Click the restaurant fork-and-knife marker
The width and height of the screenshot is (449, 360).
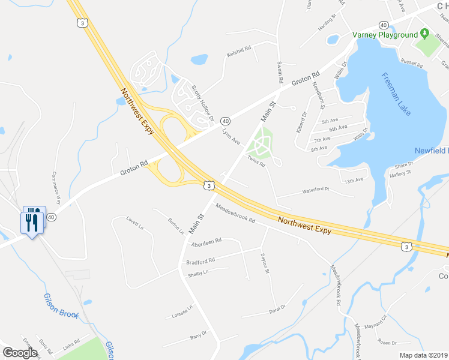pos(31,221)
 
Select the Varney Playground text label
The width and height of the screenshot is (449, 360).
pos(385,35)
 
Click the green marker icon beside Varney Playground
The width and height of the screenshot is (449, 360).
pos(424,34)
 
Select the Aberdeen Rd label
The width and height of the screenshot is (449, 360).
pos(206,241)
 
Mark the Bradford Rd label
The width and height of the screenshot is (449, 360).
pos(200,262)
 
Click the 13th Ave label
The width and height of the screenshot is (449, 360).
pos(354,179)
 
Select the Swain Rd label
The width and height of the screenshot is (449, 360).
pos(280,71)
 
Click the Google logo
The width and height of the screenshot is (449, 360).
pos(20,352)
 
